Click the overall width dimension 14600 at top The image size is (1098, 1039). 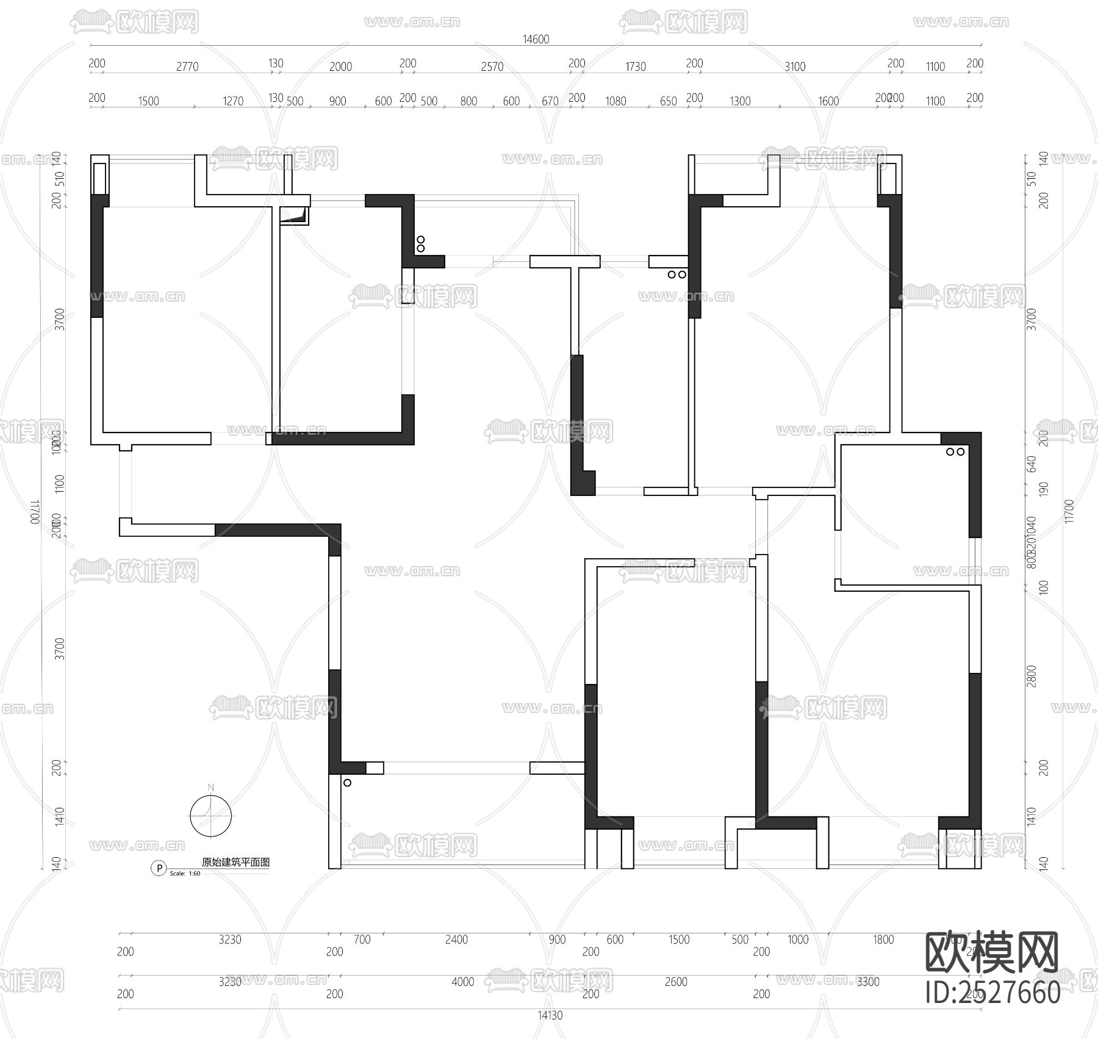point(536,39)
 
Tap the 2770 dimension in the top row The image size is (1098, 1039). point(187,67)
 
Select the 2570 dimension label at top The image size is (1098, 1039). point(492,67)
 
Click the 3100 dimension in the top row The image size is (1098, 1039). point(795,67)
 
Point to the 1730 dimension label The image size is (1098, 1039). point(635,67)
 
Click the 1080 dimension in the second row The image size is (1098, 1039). point(615,101)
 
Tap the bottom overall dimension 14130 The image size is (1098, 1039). point(550,1016)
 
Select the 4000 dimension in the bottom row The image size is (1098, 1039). point(462,982)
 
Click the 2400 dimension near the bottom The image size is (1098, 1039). point(456,940)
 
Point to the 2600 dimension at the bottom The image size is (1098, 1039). point(676,982)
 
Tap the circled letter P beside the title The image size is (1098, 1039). point(158,868)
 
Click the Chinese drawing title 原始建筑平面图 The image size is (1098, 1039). point(235,862)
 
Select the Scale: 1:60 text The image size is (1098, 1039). point(185,874)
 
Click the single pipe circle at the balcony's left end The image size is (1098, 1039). point(347,783)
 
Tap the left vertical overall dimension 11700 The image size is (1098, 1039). point(35,512)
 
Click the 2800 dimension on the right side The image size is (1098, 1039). point(1032,676)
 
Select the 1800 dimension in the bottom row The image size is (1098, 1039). point(883,940)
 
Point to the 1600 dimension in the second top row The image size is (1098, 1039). point(828,101)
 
